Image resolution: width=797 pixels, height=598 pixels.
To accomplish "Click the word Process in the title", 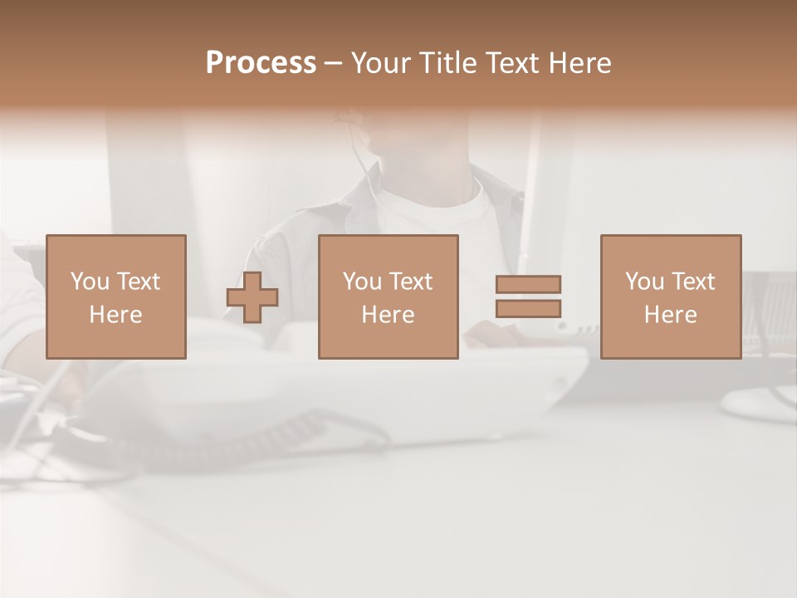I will [x=261, y=63].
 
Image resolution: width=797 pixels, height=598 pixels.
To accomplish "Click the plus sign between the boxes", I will [x=252, y=297].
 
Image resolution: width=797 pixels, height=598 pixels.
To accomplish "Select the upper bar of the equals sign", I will [x=528, y=284].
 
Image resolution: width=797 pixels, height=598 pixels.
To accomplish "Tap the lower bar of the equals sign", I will [x=528, y=309].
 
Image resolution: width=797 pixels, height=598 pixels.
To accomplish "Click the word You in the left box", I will [x=90, y=282].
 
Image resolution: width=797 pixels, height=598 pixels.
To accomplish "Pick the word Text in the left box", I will [x=138, y=282].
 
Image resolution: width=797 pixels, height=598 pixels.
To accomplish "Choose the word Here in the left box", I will [x=115, y=315].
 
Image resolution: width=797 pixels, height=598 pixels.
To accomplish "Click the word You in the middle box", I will [x=362, y=282].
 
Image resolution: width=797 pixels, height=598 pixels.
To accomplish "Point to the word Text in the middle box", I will [x=410, y=282].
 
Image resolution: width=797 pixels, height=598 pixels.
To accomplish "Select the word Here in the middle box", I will [x=388, y=315].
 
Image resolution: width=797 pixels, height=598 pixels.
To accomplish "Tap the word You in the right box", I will [x=645, y=282].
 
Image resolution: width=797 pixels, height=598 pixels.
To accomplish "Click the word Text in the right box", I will [x=693, y=282].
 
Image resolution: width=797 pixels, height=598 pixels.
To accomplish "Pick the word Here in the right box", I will [x=671, y=315].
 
